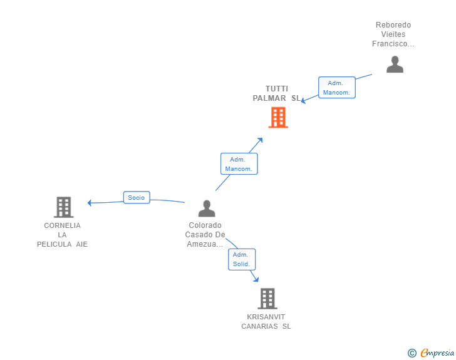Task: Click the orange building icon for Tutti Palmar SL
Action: pyautogui.click(x=278, y=117)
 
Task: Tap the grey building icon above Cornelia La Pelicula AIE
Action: pyautogui.click(x=63, y=207)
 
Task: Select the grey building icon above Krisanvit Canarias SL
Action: pyautogui.click(x=267, y=299)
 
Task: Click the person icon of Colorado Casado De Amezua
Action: pyautogui.click(x=206, y=208)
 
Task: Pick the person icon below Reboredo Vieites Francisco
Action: pyautogui.click(x=395, y=64)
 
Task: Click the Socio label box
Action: pyautogui.click(x=136, y=197)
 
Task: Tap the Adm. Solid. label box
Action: pyautogui.click(x=241, y=259)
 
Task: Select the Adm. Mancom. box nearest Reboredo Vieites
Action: pyautogui.click(x=336, y=88)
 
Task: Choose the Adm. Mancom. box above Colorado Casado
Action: pyautogui.click(x=239, y=164)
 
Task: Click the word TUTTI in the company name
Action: pyautogui.click(x=277, y=89)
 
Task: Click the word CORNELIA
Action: pyautogui.click(x=62, y=225)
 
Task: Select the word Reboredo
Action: pyautogui.click(x=393, y=25)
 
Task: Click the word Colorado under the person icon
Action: pyautogui.click(x=205, y=225)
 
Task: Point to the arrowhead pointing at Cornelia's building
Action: pyautogui.click(x=90, y=202)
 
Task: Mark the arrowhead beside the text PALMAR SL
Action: pyautogui.click(x=303, y=101)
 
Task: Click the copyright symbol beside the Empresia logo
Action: pyautogui.click(x=412, y=353)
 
